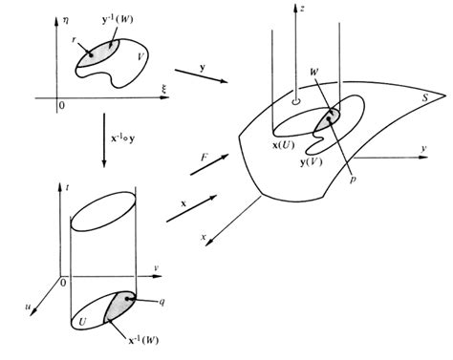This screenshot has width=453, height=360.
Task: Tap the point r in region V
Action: pos(91,54)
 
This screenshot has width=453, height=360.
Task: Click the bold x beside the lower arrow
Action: pos(182,203)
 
